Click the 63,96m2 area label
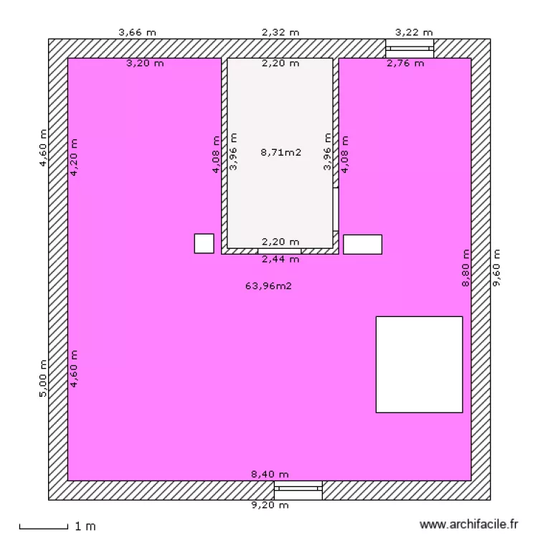(x=269, y=285)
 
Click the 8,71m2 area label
(x=280, y=152)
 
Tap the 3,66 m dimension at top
(x=137, y=32)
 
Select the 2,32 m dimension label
(x=280, y=32)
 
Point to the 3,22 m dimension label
(x=414, y=32)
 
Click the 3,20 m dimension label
(x=145, y=63)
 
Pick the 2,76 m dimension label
(x=405, y=63)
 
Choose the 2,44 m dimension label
(x=280, y=259)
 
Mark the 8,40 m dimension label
(x=270, y=474)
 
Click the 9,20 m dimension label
(x=270, y=505)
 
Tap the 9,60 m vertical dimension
(x=496, y=268)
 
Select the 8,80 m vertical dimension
(x=466, y=268)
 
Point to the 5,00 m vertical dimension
(x=43, y=378)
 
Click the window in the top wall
(x=410, y=48)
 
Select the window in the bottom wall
(x=298, y=490)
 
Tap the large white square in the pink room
(x=419, y=364)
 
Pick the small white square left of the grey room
(x=204, y=243)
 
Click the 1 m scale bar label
(x=85, y=527)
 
